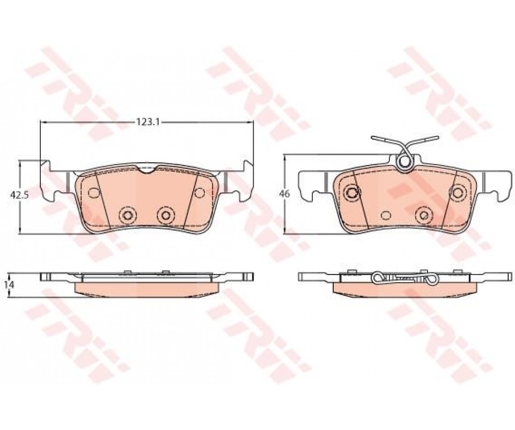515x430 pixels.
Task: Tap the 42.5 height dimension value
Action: [20, 195]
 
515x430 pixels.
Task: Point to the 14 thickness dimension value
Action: [11, 285]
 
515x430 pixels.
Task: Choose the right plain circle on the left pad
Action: [200, 192]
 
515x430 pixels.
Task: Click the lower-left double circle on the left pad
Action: [127, 215]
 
